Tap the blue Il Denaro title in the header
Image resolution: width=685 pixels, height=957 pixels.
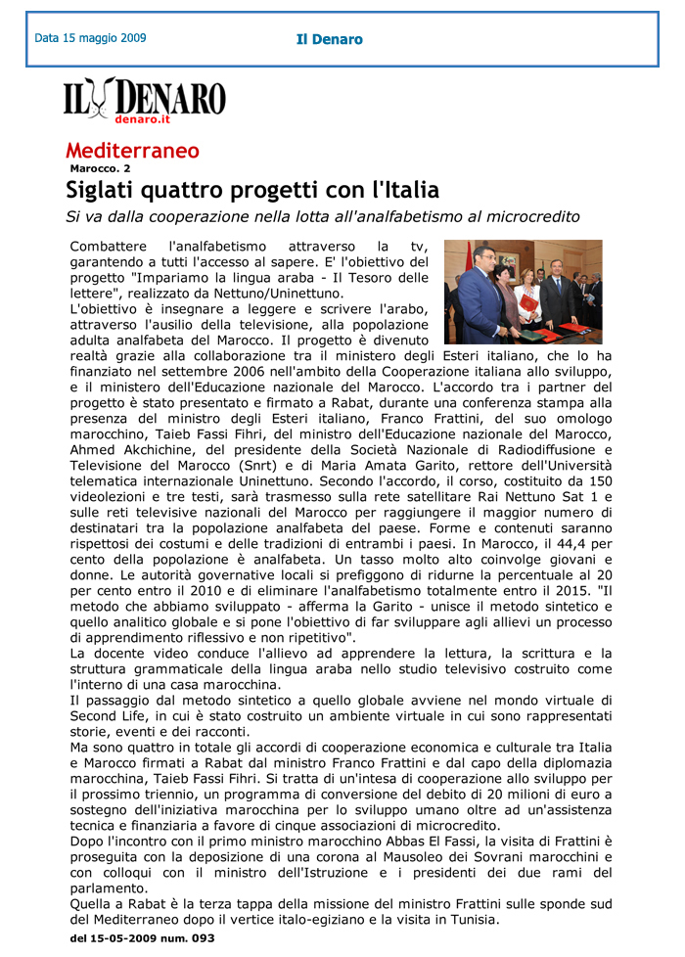pyautogui.click(x=330, y=40)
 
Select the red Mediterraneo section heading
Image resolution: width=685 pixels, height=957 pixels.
pyautogui.click(x=132, y=151)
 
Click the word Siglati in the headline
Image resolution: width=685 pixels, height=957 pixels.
pyautogui.click(x=106, y=189)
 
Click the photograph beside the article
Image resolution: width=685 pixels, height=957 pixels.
pyautogui.click(x=523, y=292)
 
